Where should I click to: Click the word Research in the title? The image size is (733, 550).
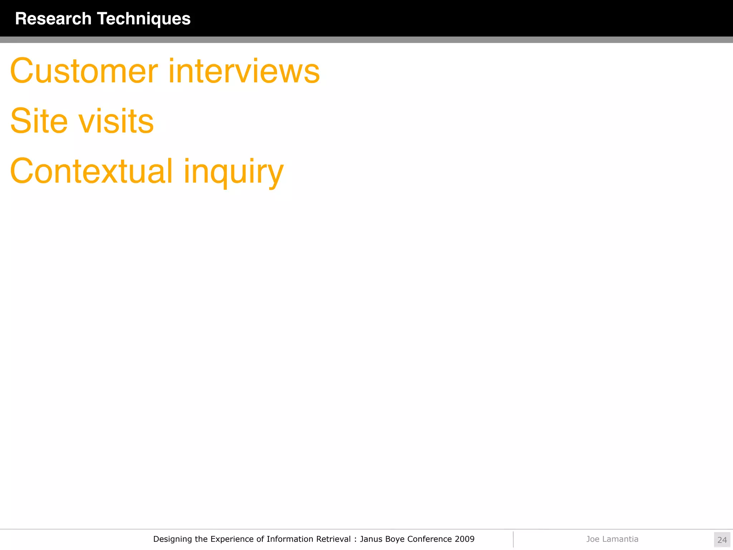point(53,19)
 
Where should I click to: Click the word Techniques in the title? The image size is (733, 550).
point(144,19)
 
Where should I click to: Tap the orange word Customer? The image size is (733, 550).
point(84,71)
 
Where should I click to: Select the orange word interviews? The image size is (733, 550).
point(244,71)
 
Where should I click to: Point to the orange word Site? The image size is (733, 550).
point(39,121)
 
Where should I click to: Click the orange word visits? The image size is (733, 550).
point(116,121)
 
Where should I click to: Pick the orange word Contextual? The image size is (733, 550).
point(92,171)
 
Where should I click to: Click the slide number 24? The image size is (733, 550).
point(722,540)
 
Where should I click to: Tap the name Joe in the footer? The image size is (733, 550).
point(592,539)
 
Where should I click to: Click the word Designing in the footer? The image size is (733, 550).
point(173,539)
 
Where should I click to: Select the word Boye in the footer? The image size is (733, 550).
point(395,539)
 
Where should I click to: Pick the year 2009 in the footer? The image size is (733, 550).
point(465,539)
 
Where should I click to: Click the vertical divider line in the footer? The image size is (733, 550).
point(513,539)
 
